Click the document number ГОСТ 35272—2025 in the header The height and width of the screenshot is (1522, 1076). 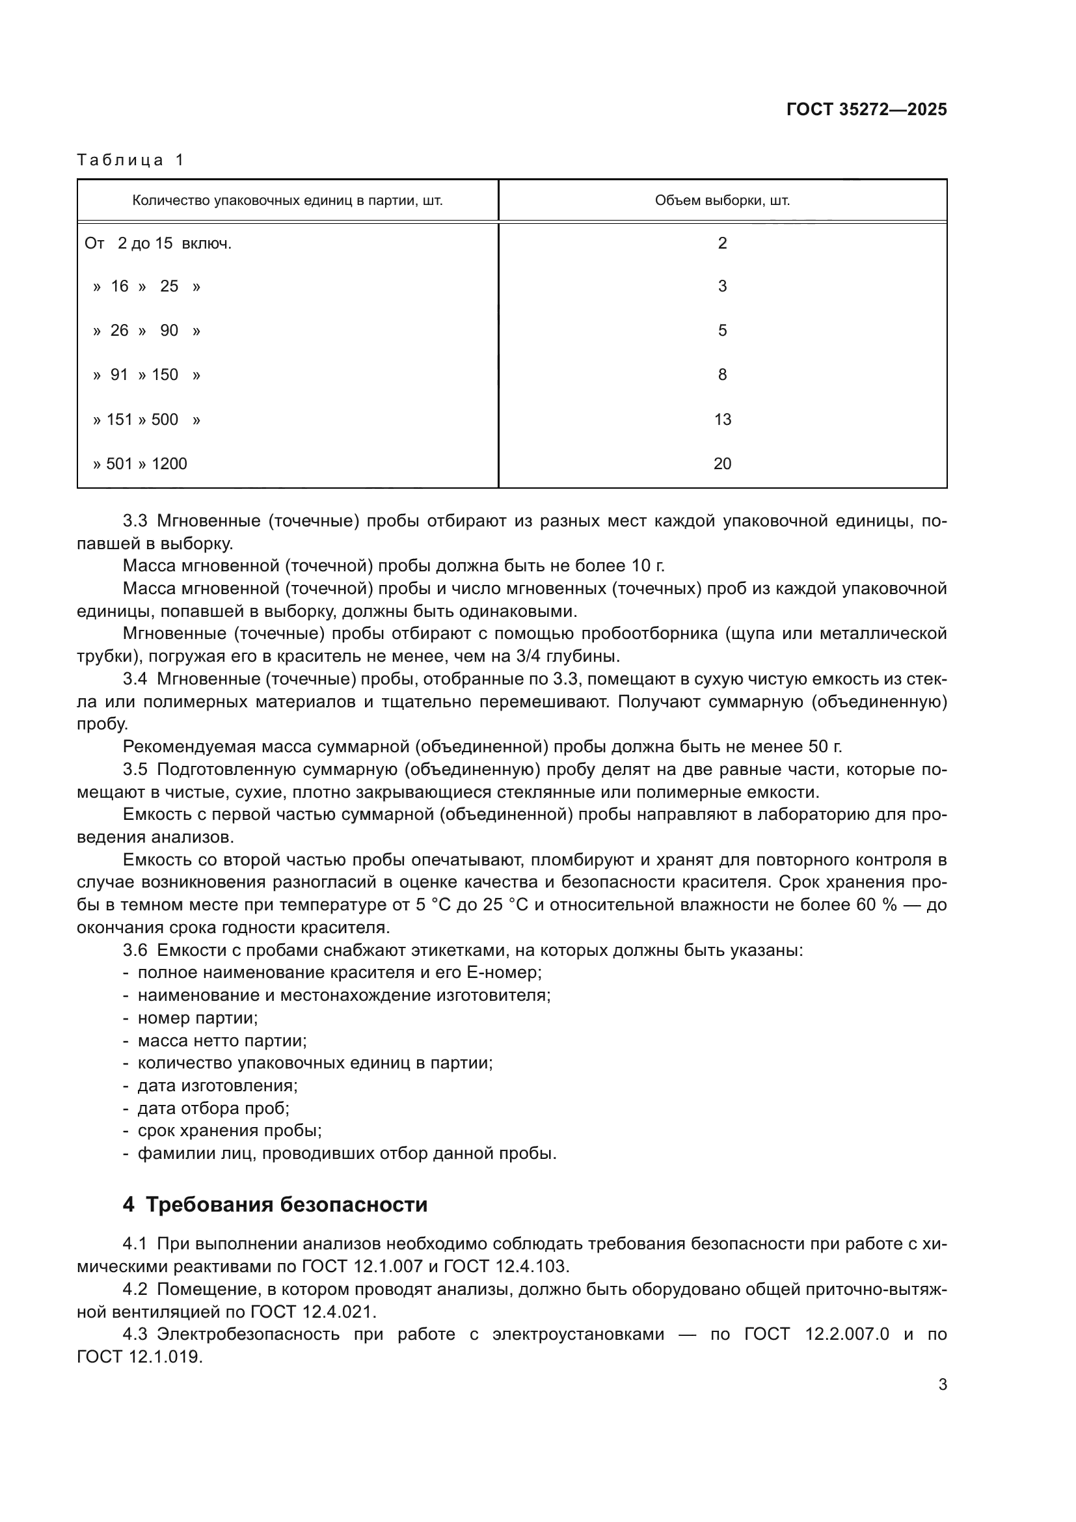pyautogui.click(x=866, y=110)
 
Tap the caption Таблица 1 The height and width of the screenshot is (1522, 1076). pyautogui.click(x=131, y=160)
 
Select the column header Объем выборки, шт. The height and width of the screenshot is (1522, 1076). pyautogui.click(x=721, y=200)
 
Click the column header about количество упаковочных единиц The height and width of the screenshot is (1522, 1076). pyautogui.click(x=287, y=200)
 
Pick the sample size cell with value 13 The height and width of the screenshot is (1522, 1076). pyautogui.click(x=722, y=420)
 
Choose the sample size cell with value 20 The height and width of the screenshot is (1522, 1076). pyautogui.click(x=722, y=464)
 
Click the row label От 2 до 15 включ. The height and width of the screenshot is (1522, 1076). pyautogui.click(x=157, y=243)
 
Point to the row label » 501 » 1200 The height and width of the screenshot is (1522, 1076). pyautogui.click(x=140, y=464)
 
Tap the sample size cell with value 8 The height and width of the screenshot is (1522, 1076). pyautogui.click(x=722, y=375)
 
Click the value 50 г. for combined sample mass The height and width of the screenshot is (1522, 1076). pyautogui.click(x=825, y=747)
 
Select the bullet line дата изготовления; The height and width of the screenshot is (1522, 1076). pyautogui.click(x=217, y=1086)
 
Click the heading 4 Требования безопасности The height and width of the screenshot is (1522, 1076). pyautogui.click(x=275, y=1204)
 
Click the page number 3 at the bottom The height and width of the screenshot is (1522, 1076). pyautogui.click(x=942, y=1385)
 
